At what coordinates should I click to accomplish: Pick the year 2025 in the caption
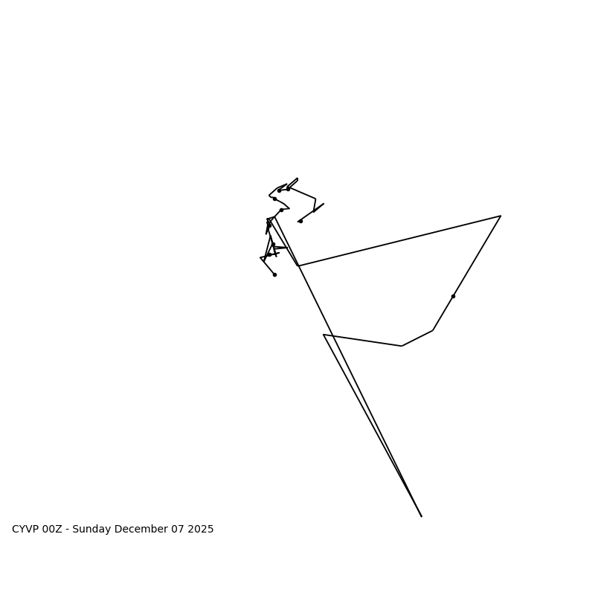click(201, 530)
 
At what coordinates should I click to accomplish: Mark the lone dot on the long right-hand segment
click(453, 296)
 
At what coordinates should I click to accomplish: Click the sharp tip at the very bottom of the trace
click(421, 516)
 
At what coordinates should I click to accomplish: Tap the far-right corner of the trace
click(501, 216)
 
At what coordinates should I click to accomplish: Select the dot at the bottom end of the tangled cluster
click(274, 274)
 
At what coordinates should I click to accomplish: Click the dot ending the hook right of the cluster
click(300, 221)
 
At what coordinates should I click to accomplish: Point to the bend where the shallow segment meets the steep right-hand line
click(433, 330)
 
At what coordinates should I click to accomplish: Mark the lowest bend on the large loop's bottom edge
click(402, 346)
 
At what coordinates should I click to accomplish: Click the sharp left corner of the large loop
click(324, 335)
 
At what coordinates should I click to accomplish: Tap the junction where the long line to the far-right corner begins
click(298, 266)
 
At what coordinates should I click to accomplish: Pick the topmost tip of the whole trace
click(297, 178)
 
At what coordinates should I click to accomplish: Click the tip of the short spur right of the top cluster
click(324, 204)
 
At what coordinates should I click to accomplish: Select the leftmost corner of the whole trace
click(260, 258)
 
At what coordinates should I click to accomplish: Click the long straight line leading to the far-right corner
click(399, 241)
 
